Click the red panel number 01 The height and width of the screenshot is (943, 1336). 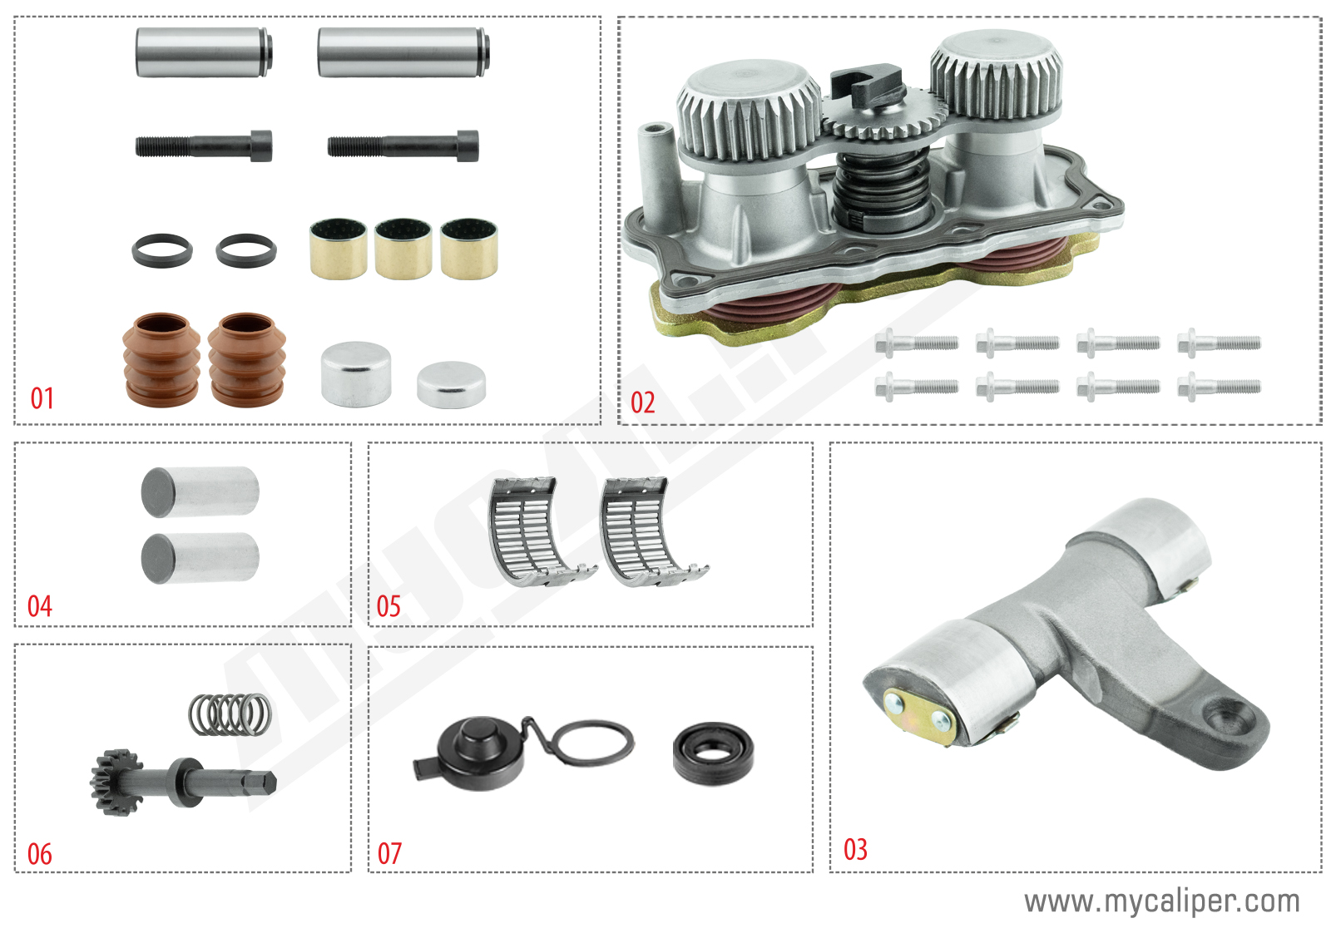(x=42, y=398)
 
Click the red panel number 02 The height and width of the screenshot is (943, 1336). (x=643, y=402)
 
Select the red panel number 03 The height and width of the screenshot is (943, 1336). (x=855, y=849)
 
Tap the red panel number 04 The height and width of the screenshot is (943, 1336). (x=40, y=606)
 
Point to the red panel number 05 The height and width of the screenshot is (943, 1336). (x=388, y=606)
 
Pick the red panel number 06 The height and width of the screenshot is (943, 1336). (x=40, y=854)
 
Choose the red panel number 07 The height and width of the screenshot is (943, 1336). (x=389, y=853)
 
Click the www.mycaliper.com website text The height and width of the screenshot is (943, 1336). (x=1161, y=901)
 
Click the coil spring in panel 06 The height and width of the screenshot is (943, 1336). (x=230, y=714)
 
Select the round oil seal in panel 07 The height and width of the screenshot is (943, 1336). (x=714, y=753)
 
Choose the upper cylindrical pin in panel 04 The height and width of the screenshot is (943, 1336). (x=200, y=491)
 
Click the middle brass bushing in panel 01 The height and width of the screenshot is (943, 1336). (x=403, y=249)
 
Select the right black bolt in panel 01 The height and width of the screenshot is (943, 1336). (x=403, y=146)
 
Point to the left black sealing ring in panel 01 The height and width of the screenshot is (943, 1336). (x=162, y=250)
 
